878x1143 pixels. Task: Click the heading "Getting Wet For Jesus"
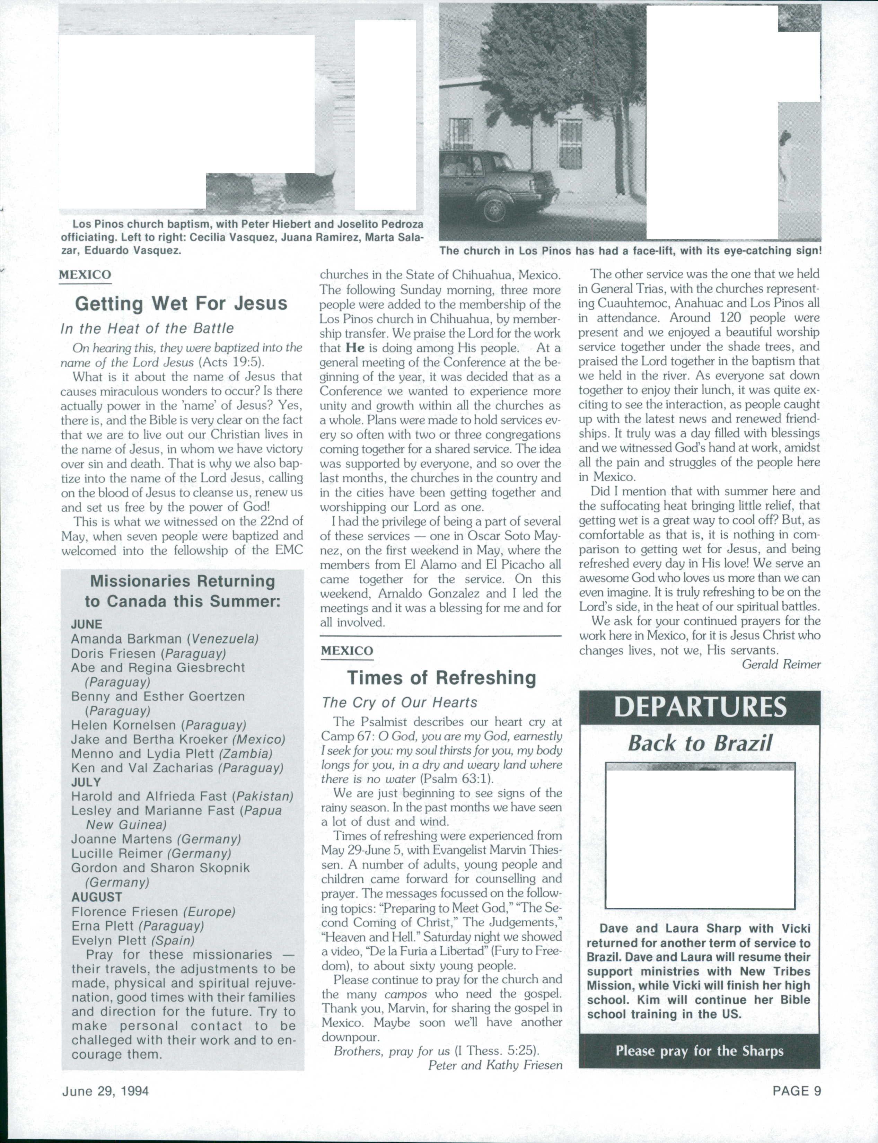pyautogui.click(x=181, y=304)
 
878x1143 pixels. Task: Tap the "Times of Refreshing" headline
pyautogui.click(x=442, y=678)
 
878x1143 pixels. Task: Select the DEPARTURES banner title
pyautogui.click(x=700, y=707)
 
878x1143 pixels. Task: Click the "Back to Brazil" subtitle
pyautogui.click(x=700, y=743)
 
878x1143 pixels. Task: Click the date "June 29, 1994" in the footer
pyautogui.click(x=105, y=1091)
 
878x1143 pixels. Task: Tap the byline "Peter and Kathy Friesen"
pyautogui.click(x=495, y=1065)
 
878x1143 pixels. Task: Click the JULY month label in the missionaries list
pyautogui.click(x=86, y=782)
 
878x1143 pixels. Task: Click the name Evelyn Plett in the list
pyautogui.click(x=109, y=941)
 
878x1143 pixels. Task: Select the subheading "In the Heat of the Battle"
pyautogui.click(x=147, y=329)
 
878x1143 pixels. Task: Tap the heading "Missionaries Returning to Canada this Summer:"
pyautogui.click(x=182, y=591)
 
